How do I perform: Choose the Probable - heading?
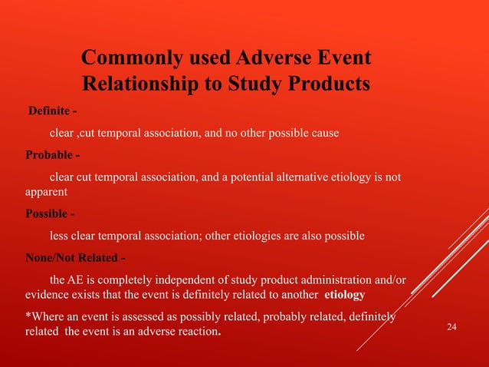(52, 157)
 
